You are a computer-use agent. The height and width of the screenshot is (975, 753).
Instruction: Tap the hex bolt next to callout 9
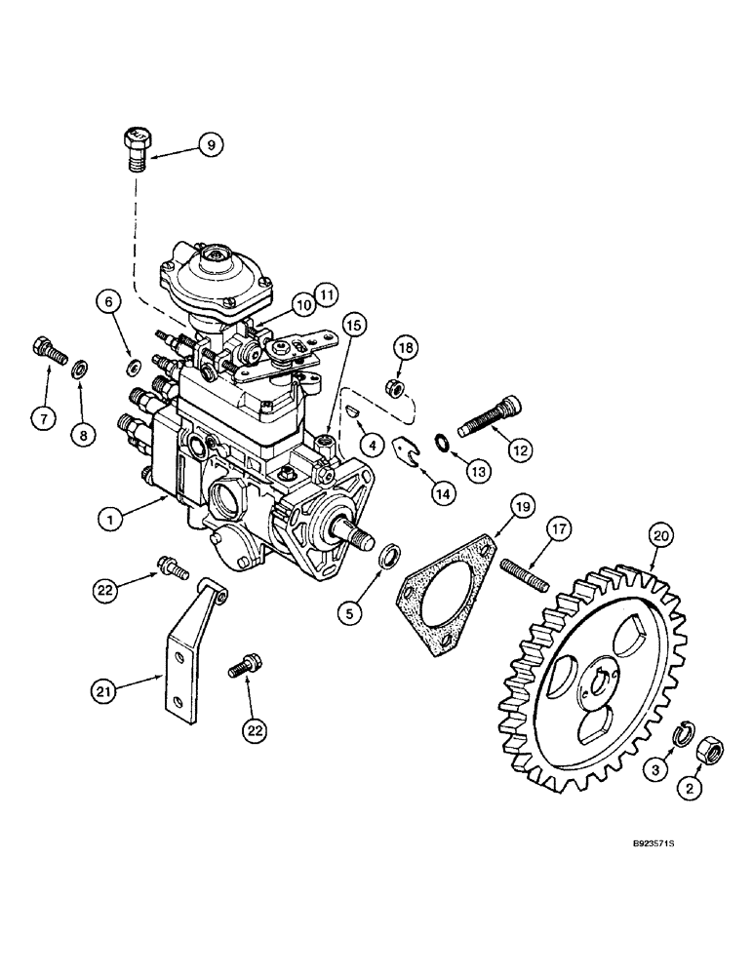click(x=137, y=146)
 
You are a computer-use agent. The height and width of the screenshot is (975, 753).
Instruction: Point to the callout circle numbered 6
click(x=109, y=303)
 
